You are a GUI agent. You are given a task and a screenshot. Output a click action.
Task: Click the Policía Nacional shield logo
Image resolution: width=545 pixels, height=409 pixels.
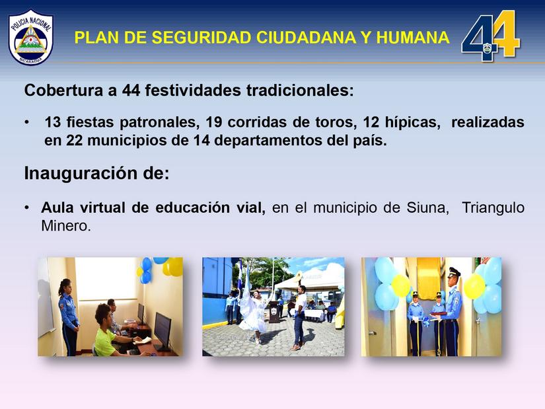[31, 37]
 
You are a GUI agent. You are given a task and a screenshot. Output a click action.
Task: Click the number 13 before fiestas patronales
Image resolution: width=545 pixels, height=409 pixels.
[54, 123]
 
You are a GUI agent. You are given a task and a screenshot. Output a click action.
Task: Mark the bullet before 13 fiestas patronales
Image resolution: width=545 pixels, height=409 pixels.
[27, 124]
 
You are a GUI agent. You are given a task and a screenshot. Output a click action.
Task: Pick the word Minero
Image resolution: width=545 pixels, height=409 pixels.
[65, 226]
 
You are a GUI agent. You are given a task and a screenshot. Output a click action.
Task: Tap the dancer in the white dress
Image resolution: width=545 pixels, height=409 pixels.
[251, 312]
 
